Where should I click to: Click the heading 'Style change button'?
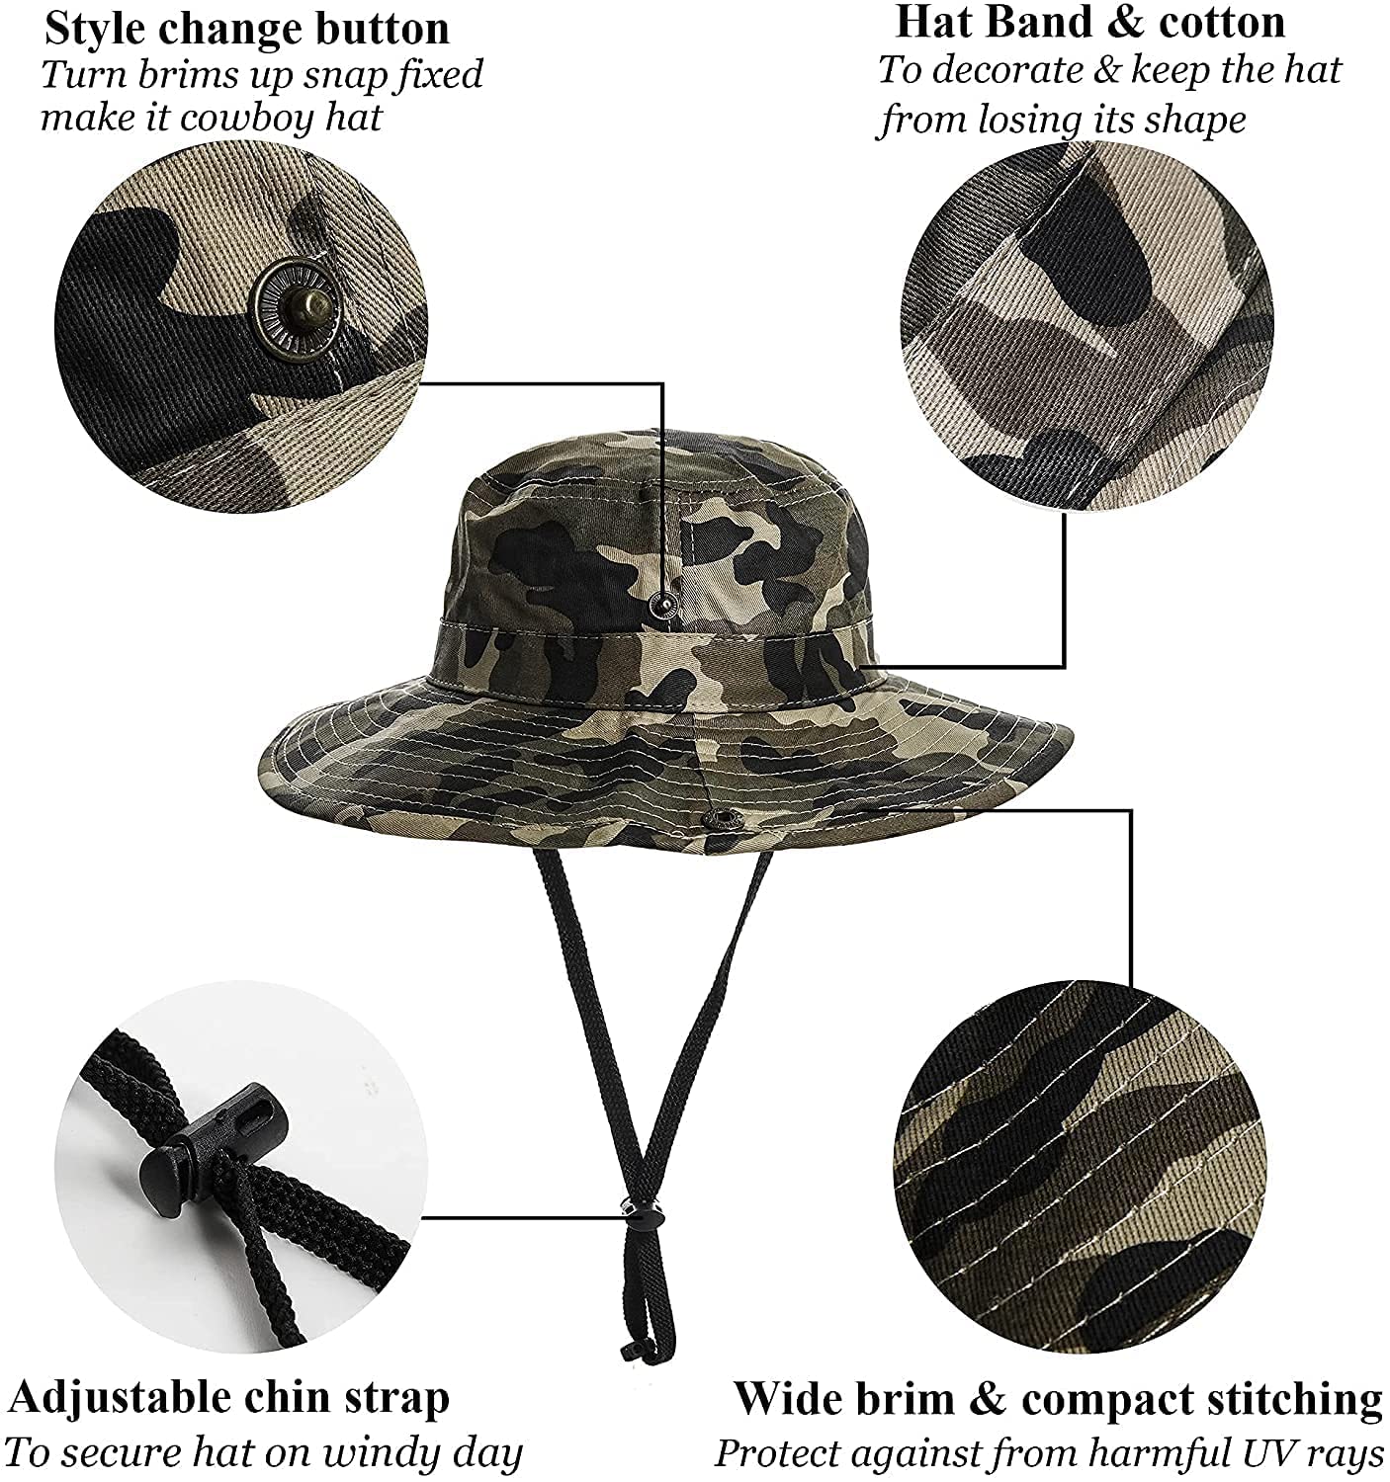point(247,30)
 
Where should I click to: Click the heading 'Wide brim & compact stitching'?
point(1058,1399)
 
